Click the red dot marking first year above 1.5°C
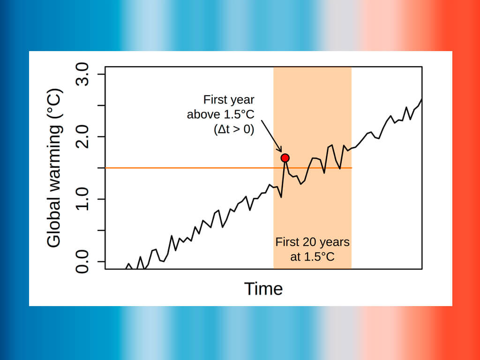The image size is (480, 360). click(285, 158)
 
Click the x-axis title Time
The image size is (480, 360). click(263, 289)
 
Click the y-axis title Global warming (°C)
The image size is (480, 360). click(54, 168)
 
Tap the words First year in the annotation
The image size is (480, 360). click(229, 100)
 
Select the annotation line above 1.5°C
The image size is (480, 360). click(221, 115)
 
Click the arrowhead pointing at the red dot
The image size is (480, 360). click(280, 150)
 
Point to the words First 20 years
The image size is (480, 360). click(312, 242)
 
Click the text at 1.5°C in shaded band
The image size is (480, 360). click(312, 257)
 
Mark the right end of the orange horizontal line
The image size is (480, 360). click(351, 168)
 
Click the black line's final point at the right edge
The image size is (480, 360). click(421, 99)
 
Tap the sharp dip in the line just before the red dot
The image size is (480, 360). click(281, 197)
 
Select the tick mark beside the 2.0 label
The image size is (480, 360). click(101, 137)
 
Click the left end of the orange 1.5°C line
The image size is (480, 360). click(106, 168)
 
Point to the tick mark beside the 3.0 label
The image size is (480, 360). click(101, 75)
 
